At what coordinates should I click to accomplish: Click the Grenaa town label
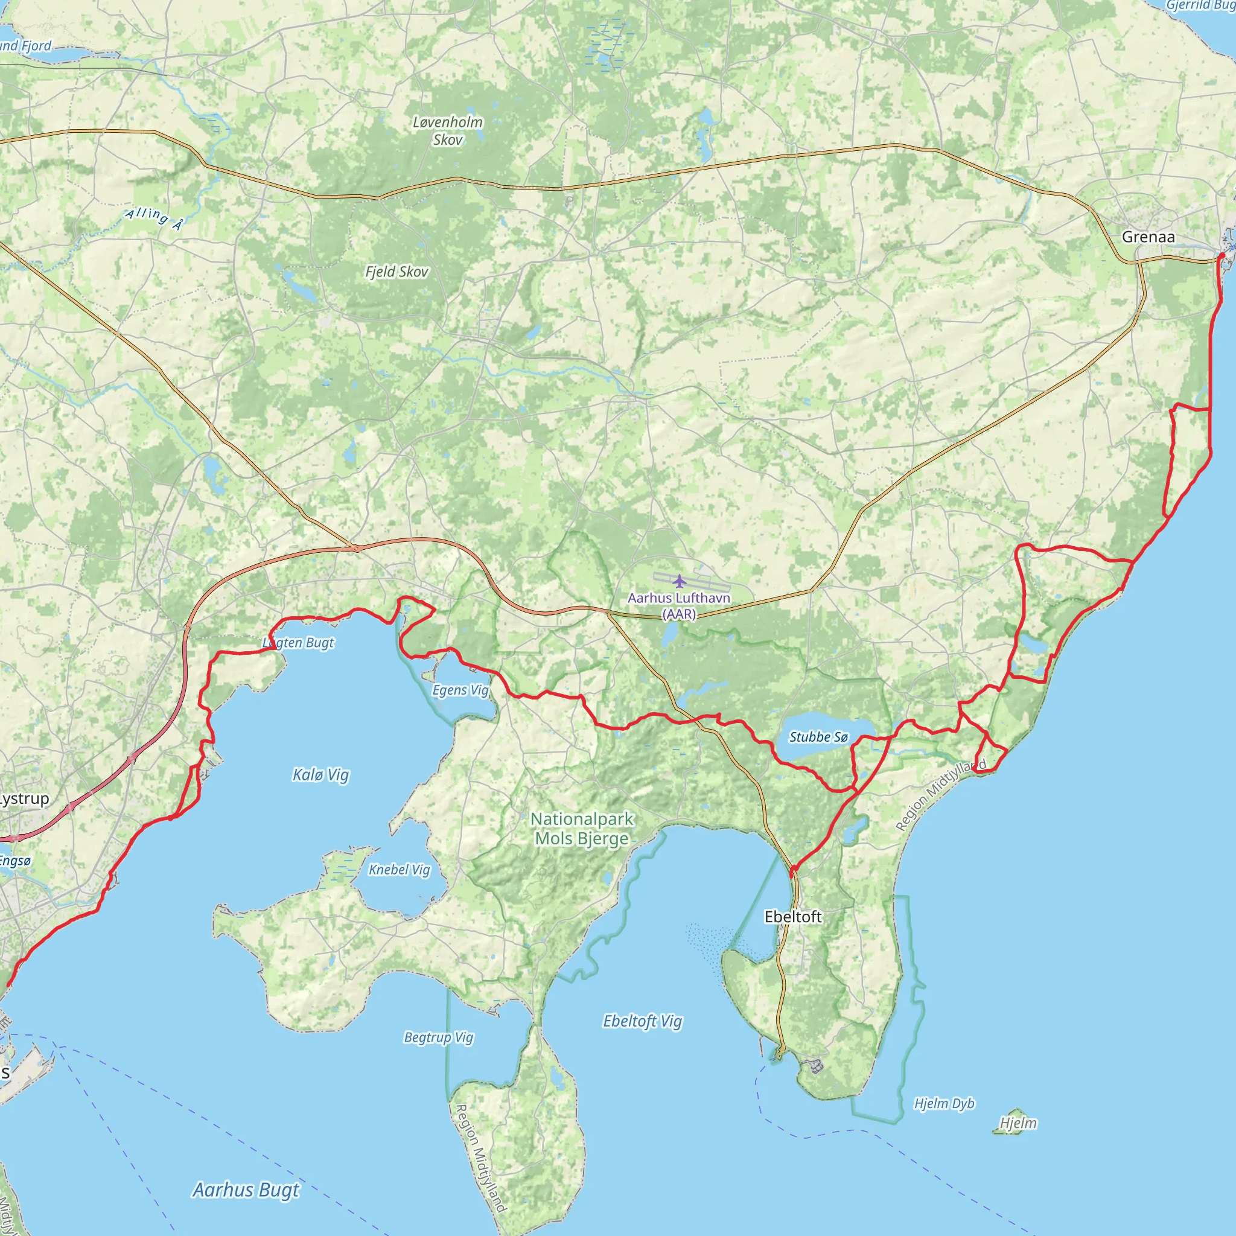pos(1148,237)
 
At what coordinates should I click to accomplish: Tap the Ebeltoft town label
pos(792,917)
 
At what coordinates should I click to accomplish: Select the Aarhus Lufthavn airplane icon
pos(679,581)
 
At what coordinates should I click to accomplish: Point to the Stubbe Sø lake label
pos(818,737)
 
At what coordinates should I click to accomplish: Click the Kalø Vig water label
pos(320,775)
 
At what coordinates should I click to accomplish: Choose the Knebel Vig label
pos(399,870)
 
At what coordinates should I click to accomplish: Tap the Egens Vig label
pos(460,690)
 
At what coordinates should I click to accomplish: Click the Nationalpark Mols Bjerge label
pos(582,829)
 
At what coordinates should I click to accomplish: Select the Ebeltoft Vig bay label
pos(642,1021)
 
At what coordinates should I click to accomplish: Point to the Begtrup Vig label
pos(438,1037)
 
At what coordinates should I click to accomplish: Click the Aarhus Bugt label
pos(246,1190)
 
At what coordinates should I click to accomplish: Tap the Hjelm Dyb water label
pos(944,1104)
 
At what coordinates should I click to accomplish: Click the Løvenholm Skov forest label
pos(448,130)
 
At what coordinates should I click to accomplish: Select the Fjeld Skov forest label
pos(397,272)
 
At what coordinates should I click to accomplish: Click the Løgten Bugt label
pos(299,642)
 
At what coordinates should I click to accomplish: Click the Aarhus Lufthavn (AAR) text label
pos(679,606)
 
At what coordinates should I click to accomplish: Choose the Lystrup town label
pos(24,798)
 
